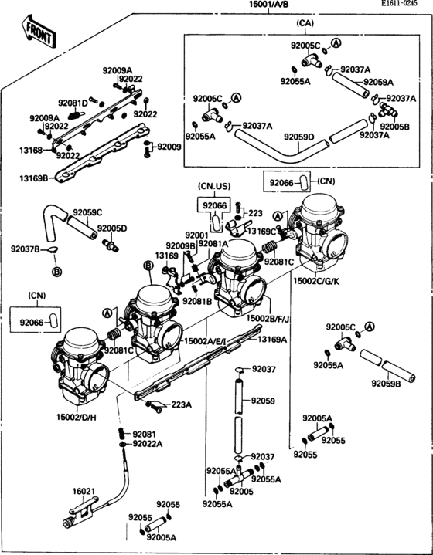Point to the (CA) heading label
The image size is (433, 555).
click(305, 24)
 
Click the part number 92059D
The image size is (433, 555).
click(298, 137)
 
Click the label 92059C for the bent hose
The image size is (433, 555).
click(87, 212)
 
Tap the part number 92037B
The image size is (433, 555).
click(25, 249)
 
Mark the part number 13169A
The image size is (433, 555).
click(271, 339)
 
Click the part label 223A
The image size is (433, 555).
click(181, 404)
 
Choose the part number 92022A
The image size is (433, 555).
click(147, 444)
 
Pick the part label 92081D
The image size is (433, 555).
click(73, 103)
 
